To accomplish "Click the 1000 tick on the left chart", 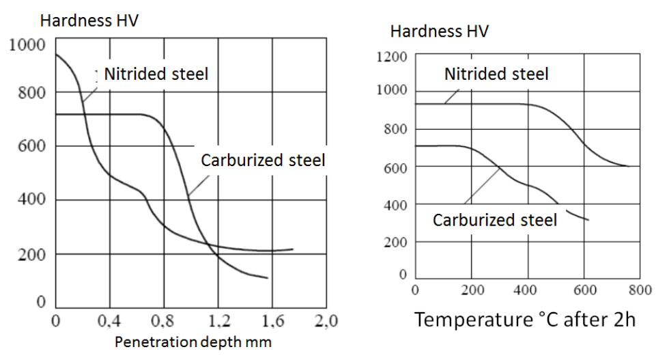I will pos(27,46).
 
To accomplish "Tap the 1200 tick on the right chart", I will pos(393,57).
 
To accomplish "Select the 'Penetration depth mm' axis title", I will pos(193,342).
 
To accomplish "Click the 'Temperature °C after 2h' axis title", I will pos(526,319).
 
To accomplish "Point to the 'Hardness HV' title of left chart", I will pos(89,20).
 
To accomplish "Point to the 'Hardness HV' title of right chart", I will pos(439,31).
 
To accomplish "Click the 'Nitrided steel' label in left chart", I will pos(156,74).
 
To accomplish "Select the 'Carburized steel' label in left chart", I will pos(263,161).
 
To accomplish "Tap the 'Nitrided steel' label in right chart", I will pos(496,74).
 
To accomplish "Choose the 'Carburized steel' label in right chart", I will pos(495,220).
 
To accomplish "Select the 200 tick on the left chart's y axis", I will pos(31,254).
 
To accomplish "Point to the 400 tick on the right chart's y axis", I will pos(396,204).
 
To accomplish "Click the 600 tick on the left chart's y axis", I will pos(31,146).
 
